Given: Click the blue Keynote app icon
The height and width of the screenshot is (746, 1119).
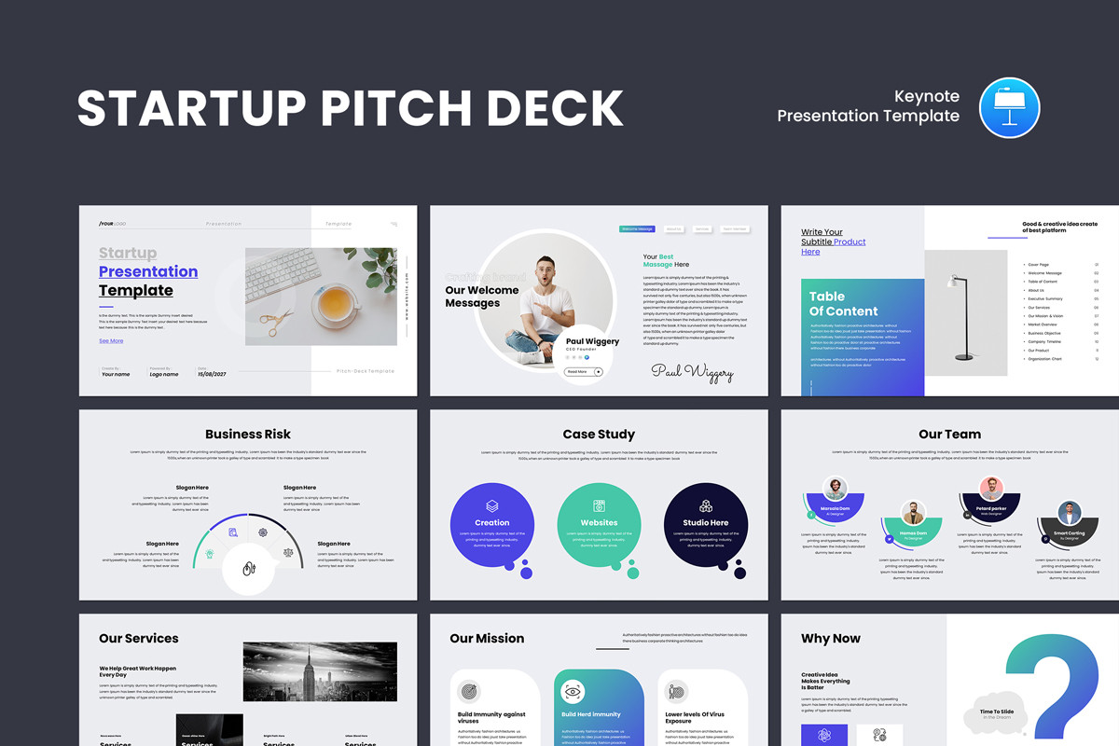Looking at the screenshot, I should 1009,107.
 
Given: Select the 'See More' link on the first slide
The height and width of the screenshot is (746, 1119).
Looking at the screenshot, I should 111,341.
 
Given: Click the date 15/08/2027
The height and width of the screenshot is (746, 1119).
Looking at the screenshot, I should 213,374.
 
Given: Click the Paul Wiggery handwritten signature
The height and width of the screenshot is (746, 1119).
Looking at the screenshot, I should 692,372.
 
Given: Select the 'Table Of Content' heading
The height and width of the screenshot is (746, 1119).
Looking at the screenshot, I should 843,304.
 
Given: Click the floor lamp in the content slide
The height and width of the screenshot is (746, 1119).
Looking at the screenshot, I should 960,317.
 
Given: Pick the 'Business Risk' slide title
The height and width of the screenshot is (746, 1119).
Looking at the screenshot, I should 248,434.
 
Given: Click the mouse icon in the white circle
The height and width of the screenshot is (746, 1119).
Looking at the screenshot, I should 249,569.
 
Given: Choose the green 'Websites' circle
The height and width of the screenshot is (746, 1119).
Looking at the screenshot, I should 599,525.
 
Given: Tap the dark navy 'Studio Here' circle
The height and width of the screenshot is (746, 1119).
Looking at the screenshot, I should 706,525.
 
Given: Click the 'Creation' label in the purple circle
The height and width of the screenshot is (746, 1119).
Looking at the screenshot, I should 492,523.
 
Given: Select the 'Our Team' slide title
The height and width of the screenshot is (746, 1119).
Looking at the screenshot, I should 949,434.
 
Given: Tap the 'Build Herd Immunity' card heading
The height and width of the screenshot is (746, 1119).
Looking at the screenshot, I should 591,715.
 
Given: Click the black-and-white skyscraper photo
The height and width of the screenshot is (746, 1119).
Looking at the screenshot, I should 320,671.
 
